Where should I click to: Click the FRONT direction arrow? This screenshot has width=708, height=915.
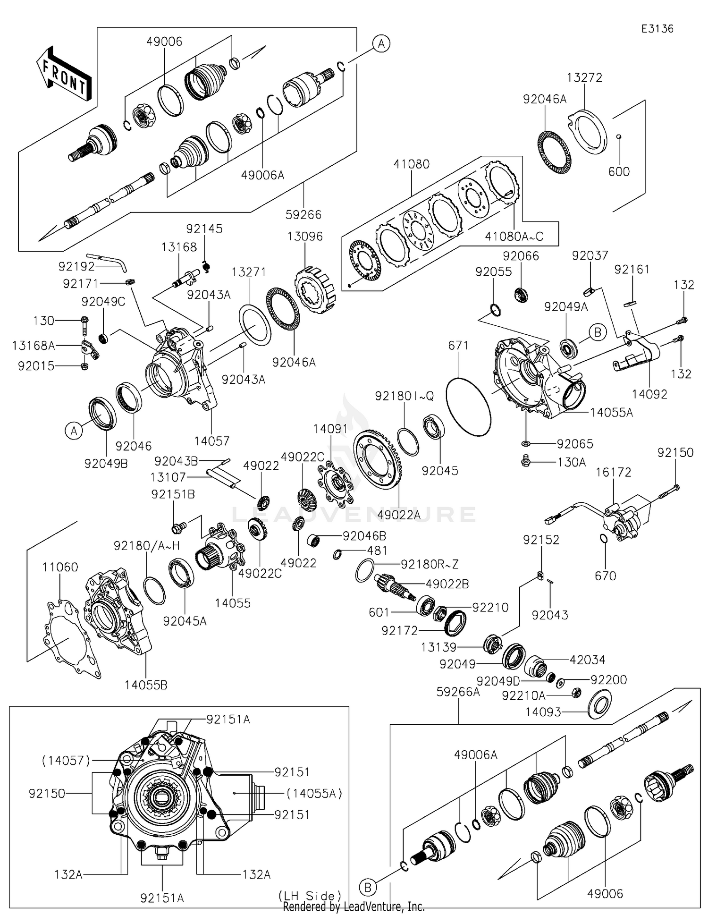point(64,74)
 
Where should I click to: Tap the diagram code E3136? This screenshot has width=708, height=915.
point(657,29)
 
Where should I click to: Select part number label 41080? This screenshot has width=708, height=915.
point(412,164)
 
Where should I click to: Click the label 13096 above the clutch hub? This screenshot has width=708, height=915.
point(305,237)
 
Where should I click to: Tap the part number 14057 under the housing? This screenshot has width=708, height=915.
point(211,441)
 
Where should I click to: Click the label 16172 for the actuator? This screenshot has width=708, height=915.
point(613,472)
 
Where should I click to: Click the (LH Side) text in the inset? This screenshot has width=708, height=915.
point(310,896)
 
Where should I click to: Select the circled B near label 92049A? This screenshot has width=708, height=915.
point(598,332)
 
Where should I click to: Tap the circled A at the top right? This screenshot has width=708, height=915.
point(381,44)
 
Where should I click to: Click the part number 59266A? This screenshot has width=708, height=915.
point(458,692)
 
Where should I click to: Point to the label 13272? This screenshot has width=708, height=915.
point(584,77)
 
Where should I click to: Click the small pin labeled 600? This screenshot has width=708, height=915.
point(619,137)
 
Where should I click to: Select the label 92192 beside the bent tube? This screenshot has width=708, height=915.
point(76,266)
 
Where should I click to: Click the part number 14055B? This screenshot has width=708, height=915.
point(146,685)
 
